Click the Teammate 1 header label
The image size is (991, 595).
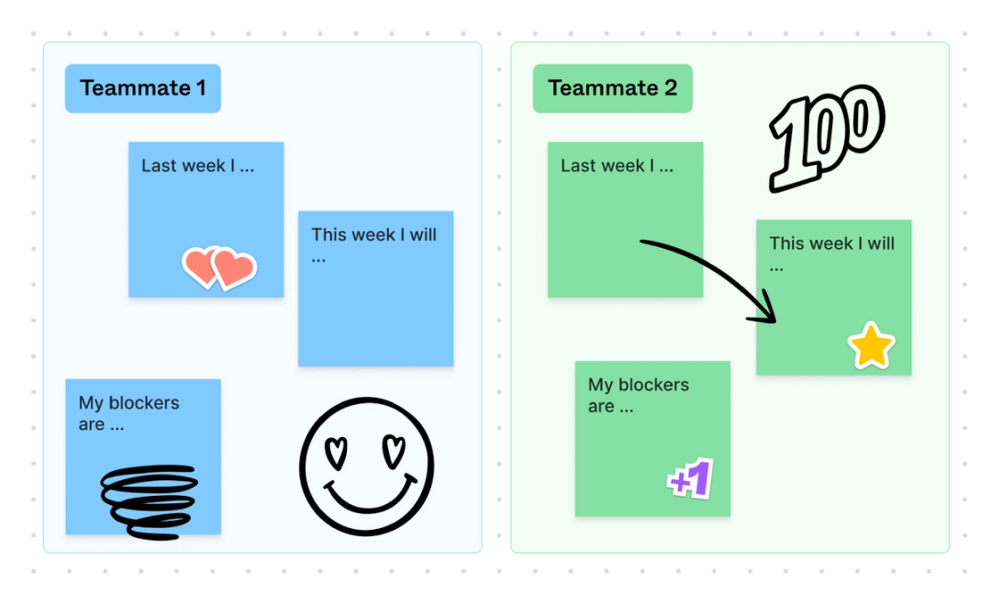pos(142,88)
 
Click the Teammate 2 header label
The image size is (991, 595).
pos(612,88)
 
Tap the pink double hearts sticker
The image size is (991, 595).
pos(218,267)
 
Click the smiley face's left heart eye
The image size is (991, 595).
pos(338,449)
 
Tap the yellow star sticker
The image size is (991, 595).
pos(871,346)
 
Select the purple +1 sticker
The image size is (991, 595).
pos(690,479)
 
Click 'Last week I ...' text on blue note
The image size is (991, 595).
pos(197,166)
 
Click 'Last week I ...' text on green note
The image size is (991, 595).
pos(617,166)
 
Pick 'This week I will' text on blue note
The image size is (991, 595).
pos(373,235)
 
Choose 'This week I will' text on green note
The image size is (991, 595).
pos(831,244)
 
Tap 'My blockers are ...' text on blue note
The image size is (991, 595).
pos(128,413)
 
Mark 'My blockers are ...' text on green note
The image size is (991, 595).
pos(638,395)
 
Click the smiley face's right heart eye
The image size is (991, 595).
pos(395,449)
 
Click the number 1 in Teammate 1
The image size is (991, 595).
pos(200,88)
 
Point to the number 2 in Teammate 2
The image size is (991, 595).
pos(670,88)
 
